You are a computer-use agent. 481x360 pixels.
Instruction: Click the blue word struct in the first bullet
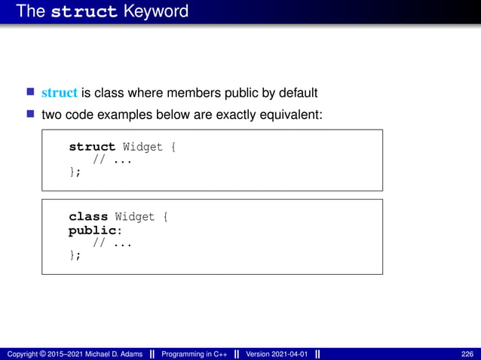coord(60,93)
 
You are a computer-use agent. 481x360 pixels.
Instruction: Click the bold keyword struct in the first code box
coord(92,147)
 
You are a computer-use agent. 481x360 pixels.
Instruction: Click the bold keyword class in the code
coord(88,217)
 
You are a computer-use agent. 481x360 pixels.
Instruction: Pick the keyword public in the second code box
coord(92,230)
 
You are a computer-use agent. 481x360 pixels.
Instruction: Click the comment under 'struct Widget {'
coord(108,160)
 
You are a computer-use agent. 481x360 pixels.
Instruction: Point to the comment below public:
coord(108,243)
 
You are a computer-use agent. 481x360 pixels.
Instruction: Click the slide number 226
coord(467,355)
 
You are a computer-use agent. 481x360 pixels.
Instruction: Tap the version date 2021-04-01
coord(290,355)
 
